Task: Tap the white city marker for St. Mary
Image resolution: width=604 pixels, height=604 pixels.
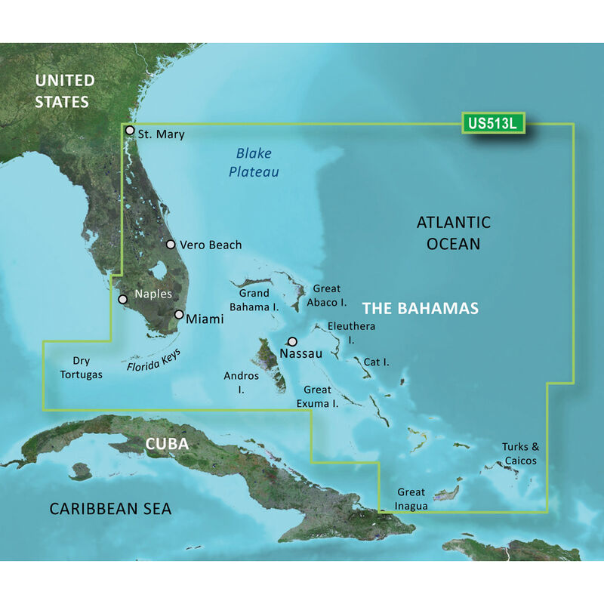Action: pyautogui.click(x=130, y=130)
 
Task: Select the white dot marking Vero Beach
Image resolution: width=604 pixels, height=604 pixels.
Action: pyautogui.click(x=171, y=245)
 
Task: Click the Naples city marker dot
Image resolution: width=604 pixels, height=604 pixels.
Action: pyautogui.click(x=123, y=299)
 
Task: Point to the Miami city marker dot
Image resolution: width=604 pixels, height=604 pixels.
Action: pyautogui.click(x=179, y=315)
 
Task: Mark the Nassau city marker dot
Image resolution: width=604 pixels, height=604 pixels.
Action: pyautogui.click(x=292, y=341)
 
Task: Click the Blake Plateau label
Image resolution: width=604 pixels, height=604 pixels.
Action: pyautogui.click(x=254, y=162)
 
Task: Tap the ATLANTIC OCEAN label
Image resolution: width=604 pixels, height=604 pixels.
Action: pyautogui.click(x=453, y=233)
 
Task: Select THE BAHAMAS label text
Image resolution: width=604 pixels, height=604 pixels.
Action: pyautogui.click(x=420, y=309)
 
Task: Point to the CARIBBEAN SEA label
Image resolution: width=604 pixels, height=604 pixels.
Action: pyautogui.click(x=110, y=509)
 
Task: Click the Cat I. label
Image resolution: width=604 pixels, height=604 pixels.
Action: pyautogui.click(x=376, y=362)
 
